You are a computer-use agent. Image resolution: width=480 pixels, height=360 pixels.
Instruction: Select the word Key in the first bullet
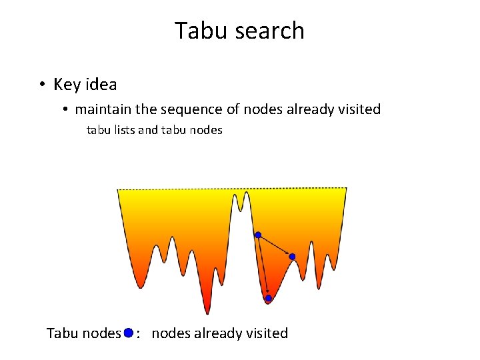67,85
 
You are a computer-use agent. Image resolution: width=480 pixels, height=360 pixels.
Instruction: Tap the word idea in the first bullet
101,85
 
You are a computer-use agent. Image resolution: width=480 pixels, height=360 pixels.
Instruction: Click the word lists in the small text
123,130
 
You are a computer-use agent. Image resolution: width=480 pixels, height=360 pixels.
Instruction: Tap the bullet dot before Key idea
41,85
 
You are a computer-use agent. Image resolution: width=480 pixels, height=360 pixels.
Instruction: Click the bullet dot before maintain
66,109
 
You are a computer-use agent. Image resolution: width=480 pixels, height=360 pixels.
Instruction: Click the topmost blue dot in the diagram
258,235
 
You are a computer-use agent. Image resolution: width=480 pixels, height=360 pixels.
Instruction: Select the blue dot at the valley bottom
269,299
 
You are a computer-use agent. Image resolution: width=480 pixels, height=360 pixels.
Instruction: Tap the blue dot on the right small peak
292,257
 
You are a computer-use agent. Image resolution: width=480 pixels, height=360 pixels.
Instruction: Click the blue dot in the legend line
128,332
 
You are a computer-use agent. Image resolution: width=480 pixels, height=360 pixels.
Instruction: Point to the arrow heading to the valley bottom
263,267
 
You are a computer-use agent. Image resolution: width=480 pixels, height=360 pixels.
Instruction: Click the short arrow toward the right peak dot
275,246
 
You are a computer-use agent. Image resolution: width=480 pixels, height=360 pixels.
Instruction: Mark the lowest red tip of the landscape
207,311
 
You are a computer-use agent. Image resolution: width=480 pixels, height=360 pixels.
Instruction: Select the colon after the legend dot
138,333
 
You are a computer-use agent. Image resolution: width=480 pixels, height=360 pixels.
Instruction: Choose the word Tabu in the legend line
62,333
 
